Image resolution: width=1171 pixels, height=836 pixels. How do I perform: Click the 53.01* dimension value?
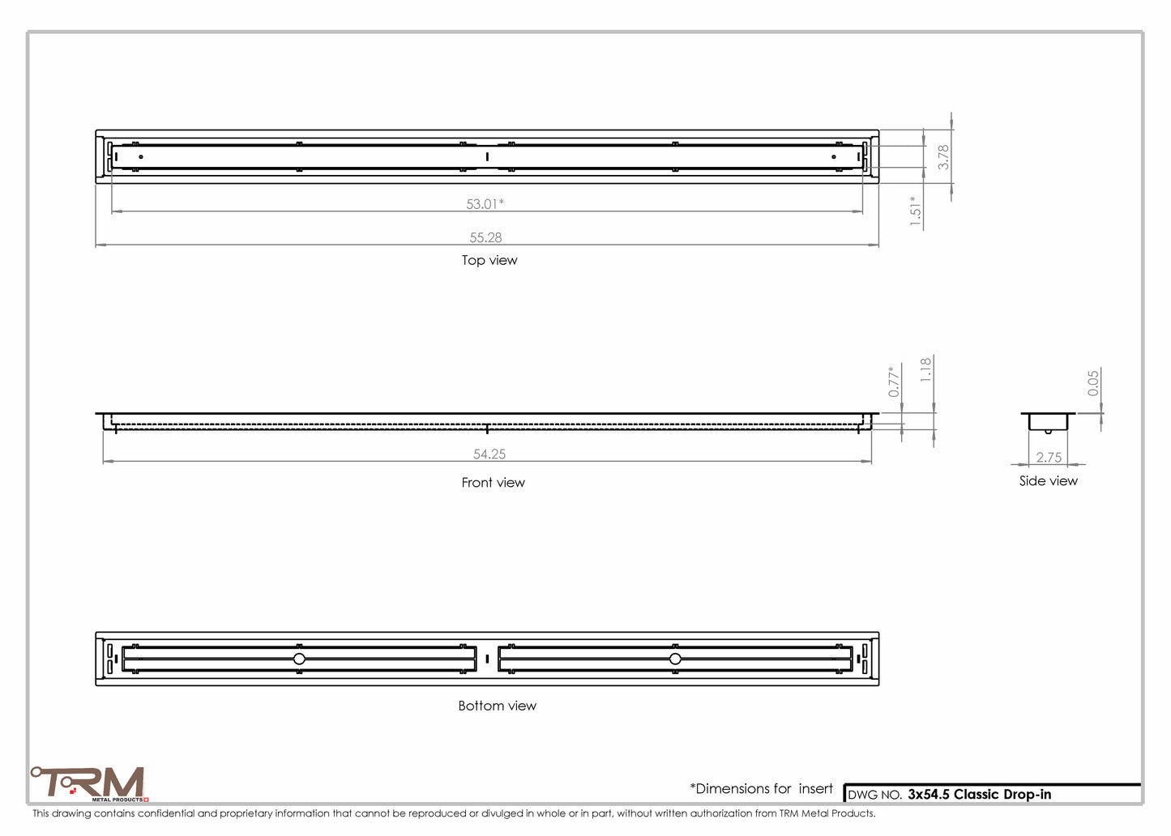[x=485, y=204]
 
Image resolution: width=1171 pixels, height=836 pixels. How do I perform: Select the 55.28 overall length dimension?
[x=485, y=237]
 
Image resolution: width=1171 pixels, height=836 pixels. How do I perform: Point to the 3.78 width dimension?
[x=942, y=157]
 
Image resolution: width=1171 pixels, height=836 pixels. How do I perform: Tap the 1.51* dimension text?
[x=915, y=211]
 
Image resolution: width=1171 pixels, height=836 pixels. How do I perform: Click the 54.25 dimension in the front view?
[x=489, y=454]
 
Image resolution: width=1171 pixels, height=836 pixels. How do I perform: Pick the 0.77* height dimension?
[x=893, y=382]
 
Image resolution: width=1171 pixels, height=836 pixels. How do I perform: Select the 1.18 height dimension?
[x=925, y=370]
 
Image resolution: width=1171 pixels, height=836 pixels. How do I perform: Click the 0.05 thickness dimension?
[x=1092, y=383]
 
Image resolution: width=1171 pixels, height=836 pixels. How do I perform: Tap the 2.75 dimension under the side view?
[x=1049, y=457]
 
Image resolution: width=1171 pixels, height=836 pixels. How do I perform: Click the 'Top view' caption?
[x=489, y=260]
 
